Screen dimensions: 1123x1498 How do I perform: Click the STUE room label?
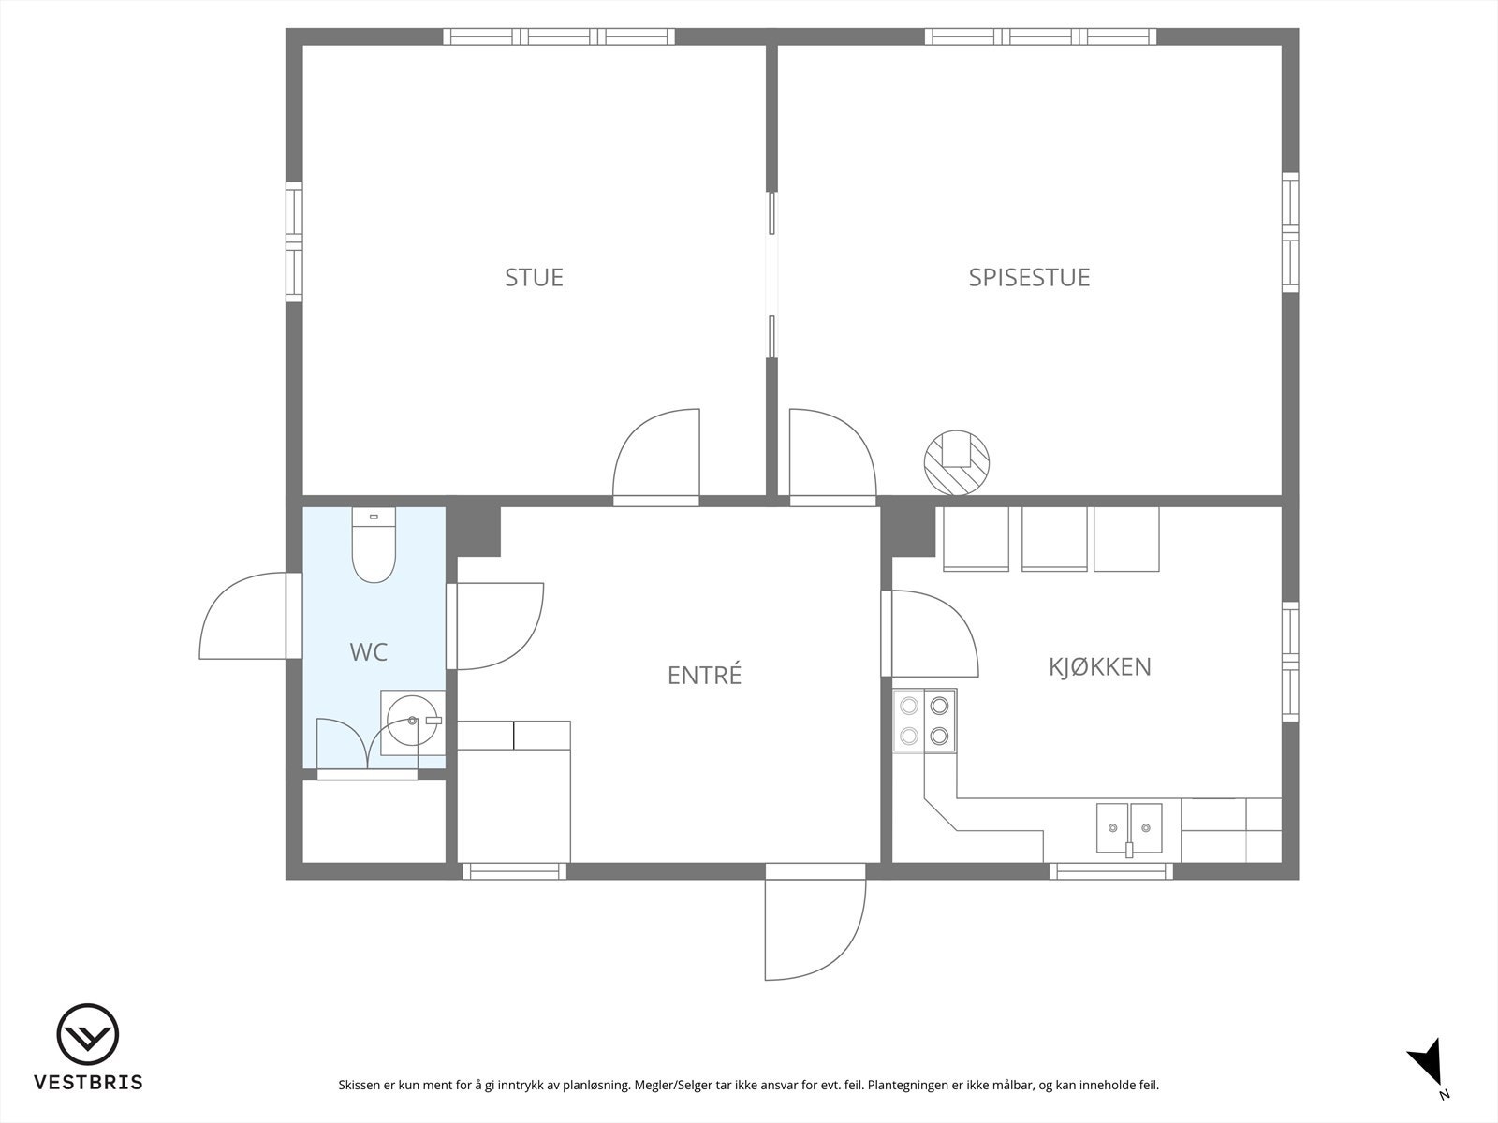click(534, 277)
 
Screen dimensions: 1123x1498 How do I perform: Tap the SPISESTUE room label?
click(1029, 277)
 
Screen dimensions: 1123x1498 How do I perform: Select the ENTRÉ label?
click(704, 675)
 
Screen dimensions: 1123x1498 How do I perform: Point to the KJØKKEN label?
click(1099, 666)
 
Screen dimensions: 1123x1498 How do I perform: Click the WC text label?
click(368, 652)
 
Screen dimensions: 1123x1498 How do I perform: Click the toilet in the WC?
click(374, 547)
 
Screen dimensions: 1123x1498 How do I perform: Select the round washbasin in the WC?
click(412, 721)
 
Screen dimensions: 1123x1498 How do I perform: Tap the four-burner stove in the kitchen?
click(925, 721)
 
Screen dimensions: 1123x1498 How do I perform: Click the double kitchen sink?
click(1129, 828)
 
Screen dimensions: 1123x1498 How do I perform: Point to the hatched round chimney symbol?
click(957, 461)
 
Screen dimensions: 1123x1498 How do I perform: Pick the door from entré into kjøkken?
click(931, 633)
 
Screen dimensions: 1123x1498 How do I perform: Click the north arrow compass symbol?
click(1429, 1066)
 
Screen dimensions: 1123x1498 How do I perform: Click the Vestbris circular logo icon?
click(88, 1035)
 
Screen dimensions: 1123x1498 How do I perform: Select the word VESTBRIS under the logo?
click(88, 1083)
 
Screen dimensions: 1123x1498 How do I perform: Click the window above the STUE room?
click(559, 36)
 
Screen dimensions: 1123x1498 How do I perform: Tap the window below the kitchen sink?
click(1110, 871)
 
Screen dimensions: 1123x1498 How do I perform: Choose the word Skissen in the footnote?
click(360, 1086)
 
